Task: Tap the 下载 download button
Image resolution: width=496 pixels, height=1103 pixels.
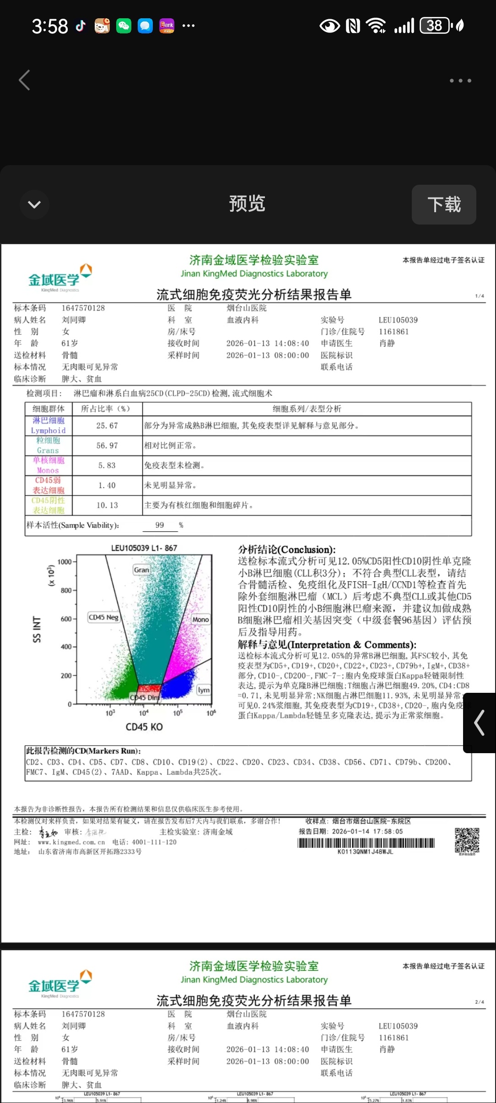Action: click(x=444, y=204)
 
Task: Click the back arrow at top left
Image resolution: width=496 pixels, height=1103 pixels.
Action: click(x=25, y=80)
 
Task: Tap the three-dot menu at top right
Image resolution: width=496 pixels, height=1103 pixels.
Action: click(x=460, y=80)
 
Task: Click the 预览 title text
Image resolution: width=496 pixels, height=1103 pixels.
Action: click(x=247, y=203)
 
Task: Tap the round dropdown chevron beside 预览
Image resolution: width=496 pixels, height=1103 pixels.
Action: click(x=34, y=204)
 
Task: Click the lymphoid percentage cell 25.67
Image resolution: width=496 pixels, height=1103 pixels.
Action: click(x=107, y=426)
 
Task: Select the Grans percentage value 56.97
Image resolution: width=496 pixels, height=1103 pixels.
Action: click(x=107, y=445)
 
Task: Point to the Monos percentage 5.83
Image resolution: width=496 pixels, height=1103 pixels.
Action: click(x=107, y=466)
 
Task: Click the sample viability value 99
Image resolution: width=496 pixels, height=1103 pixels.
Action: click(x=159, y=525)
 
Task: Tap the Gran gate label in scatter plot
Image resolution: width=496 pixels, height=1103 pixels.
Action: click(x=141, y=570)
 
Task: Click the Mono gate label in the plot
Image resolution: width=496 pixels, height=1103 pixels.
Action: click(x=200, y=620)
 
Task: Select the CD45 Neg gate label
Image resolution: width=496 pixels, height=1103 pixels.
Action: click(x=103, y=617)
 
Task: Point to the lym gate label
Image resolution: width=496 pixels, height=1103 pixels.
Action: click(x=204, y=690)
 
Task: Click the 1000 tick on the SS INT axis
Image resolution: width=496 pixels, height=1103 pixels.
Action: click(x=65, y=562)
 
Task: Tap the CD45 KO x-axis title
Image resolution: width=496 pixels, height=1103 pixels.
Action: click(x=144, y=727)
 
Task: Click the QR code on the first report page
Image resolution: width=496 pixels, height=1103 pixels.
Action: click(x=467, y=841)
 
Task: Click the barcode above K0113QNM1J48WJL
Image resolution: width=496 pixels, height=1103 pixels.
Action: click(x=366, y=843)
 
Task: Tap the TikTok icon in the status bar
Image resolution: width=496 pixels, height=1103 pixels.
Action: click(x=81, y=26)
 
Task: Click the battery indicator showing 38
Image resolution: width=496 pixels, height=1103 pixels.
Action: click(x=435, y=26)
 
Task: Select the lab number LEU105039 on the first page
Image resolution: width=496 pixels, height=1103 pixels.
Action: click(x=398, y=320)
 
